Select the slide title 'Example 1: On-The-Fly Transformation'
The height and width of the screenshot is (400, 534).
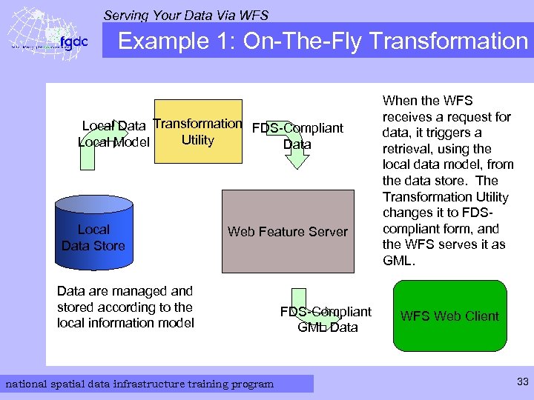click(x=323, y=40)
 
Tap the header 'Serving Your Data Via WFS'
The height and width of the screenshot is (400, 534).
click(x=186, y=15)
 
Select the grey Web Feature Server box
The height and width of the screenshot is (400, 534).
click(x=288, y=231)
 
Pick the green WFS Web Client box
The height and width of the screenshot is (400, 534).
click(x=449, y=316)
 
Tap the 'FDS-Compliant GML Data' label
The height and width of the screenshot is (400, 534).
click(x=326, y=319)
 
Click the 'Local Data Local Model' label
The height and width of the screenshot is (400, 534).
click(x=114, y=134)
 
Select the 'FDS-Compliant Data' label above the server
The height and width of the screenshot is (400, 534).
click(x=297, y=136)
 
